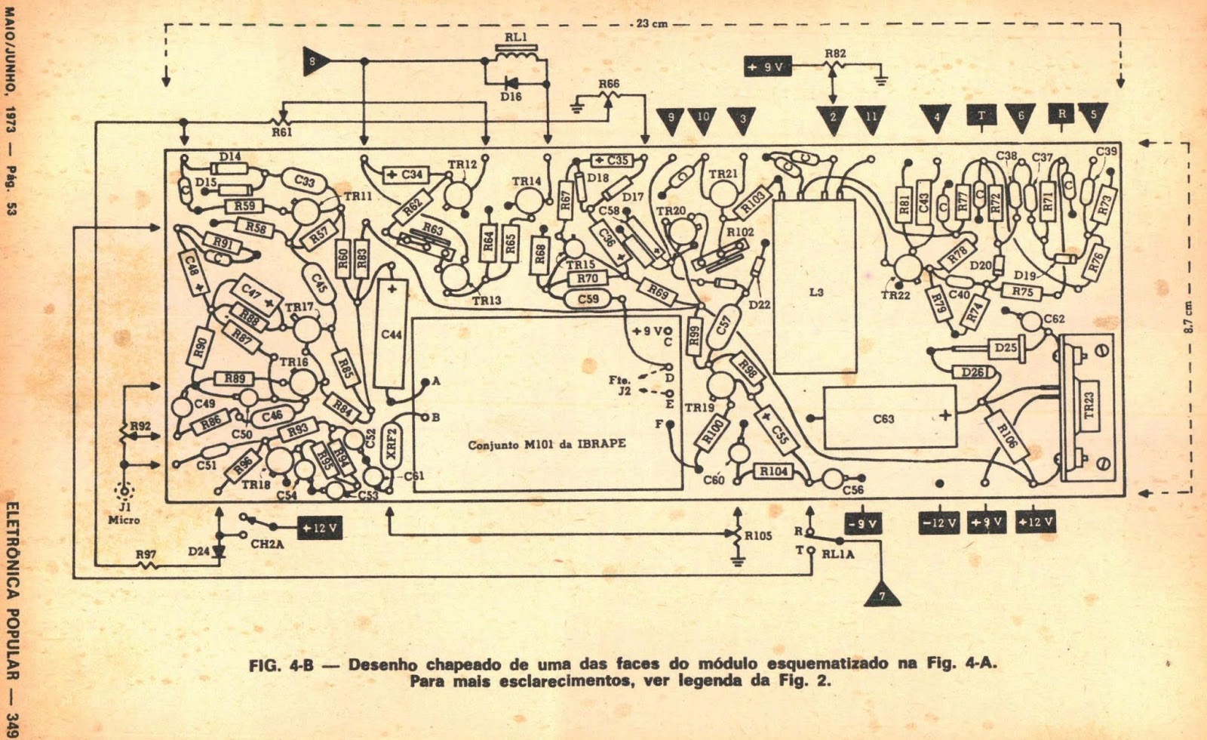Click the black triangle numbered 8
coord(312,61)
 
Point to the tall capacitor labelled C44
coord(392,335)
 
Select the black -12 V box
coord(939,523)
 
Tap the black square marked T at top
coord(981,115)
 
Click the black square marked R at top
coord(1061,114)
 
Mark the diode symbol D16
coord(512,82)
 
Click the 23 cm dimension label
coord(651,23)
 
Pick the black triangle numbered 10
coord(703,119)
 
